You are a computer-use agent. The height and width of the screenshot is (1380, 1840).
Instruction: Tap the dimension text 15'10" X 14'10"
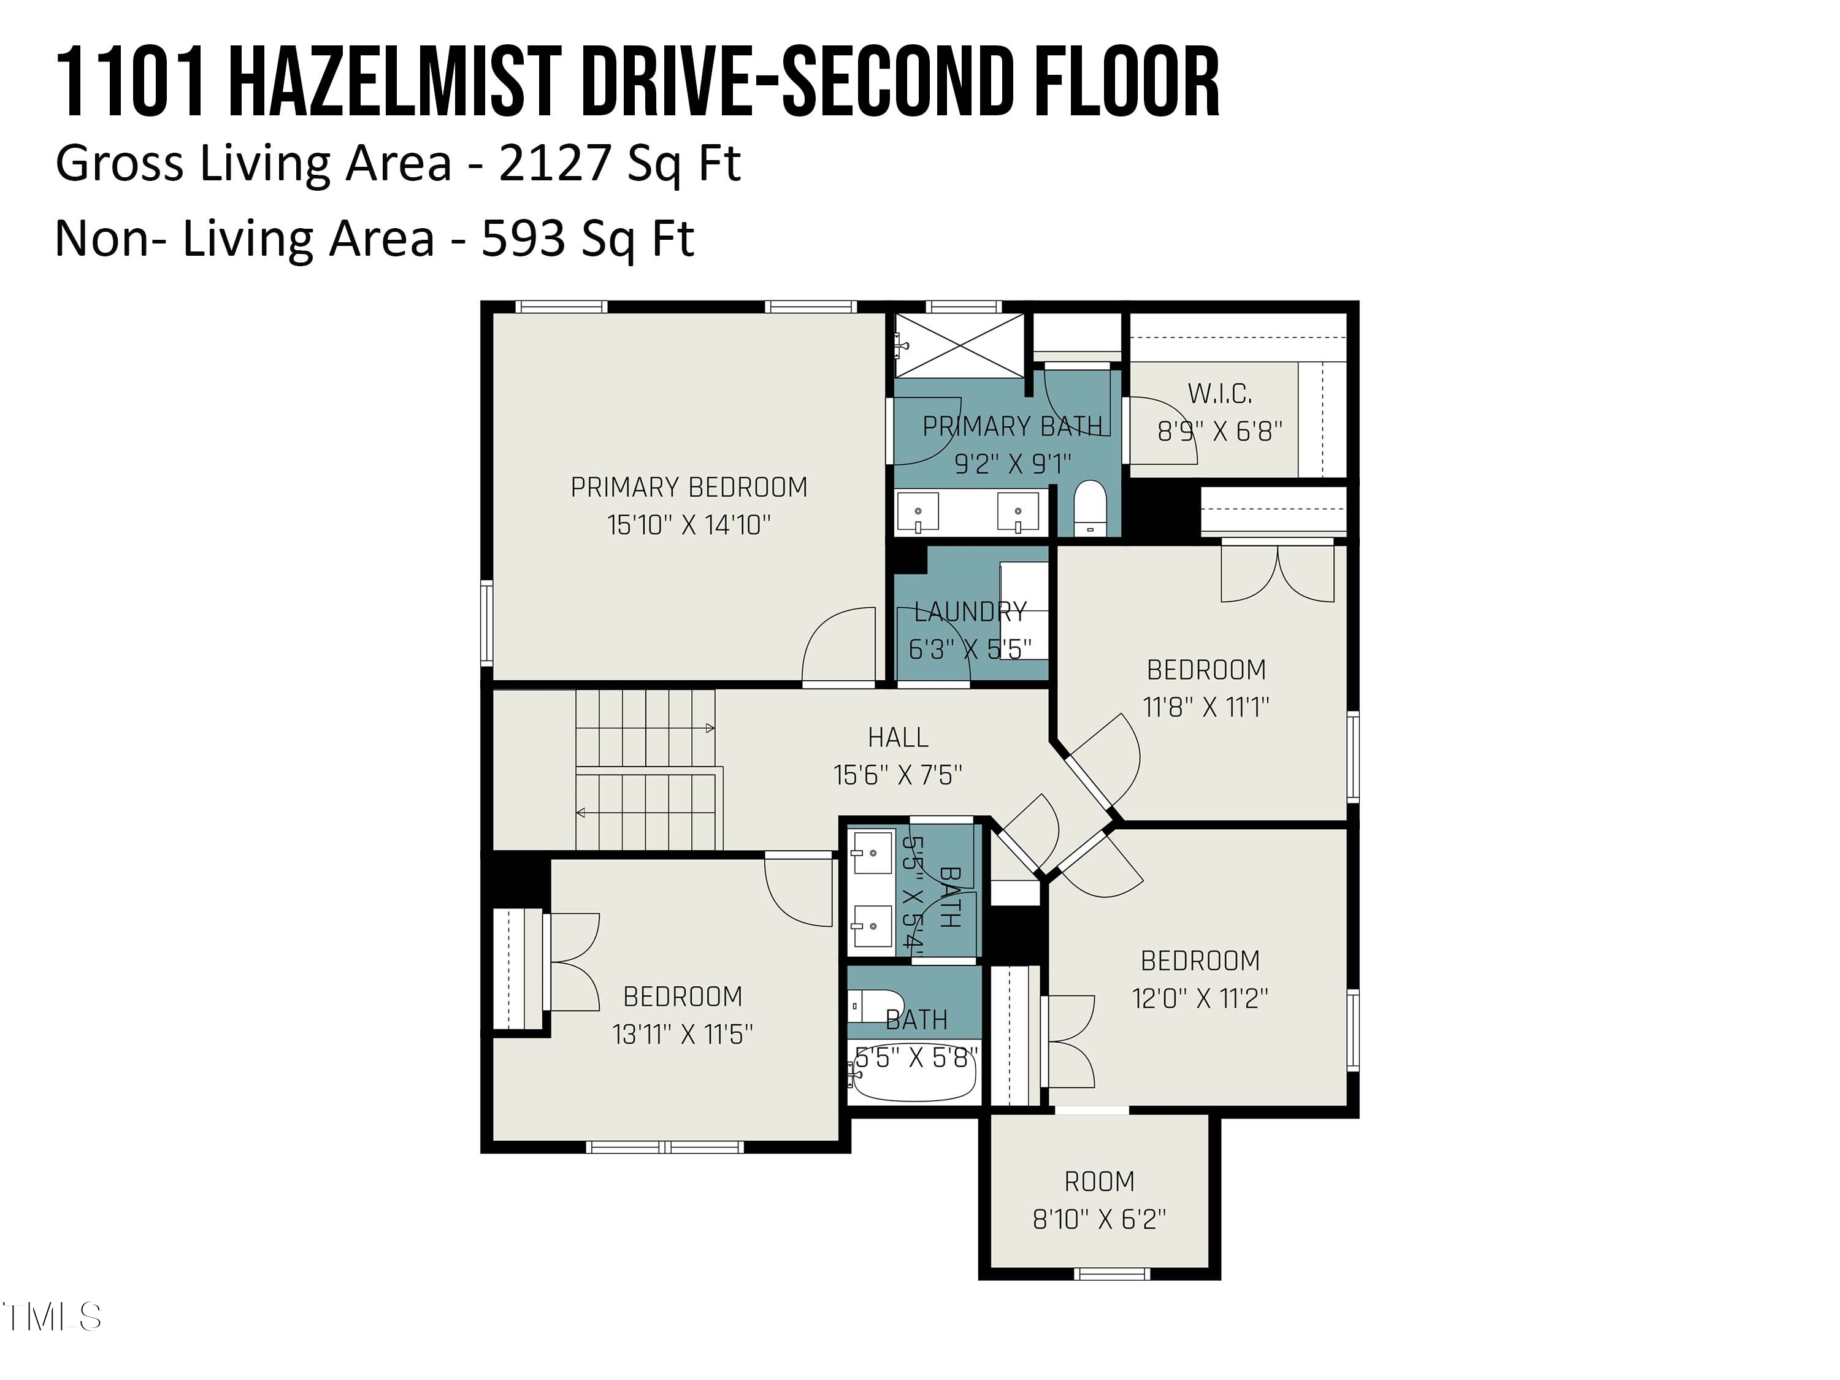click(x=689, y=526)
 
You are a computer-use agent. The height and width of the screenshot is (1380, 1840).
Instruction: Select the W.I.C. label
click(x=1219, y=394)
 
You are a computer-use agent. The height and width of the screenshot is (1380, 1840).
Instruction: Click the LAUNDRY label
click(x=970, y=612)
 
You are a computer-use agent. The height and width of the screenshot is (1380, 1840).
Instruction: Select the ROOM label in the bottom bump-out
click(x=1099, y=1181)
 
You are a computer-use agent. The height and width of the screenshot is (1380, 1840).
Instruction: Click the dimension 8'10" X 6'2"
click(x=1099, y=1219)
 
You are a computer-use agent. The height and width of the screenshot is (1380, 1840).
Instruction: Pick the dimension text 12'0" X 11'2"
click(x=1200, y=998)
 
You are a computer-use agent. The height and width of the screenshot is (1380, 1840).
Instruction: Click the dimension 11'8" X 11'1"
click(x=1205, y=708)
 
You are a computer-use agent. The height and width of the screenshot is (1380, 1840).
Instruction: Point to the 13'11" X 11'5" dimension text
click(x=682, y=1035)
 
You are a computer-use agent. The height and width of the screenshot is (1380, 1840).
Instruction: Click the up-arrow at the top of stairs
click(x=709, y=729)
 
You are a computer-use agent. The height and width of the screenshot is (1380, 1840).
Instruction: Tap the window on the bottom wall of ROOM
click(x=1111, y=1273)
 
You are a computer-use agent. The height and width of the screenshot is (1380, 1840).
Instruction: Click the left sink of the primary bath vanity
click(x=918, y=512)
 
